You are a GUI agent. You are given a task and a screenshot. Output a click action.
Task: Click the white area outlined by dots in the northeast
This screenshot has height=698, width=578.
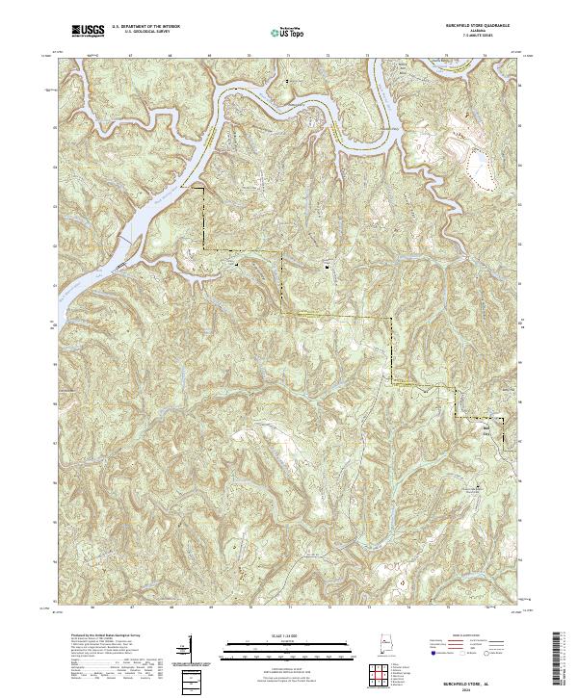click(x=475, y=161)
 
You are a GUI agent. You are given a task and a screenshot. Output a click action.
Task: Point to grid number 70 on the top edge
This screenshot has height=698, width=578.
click(x=250, y=57)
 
